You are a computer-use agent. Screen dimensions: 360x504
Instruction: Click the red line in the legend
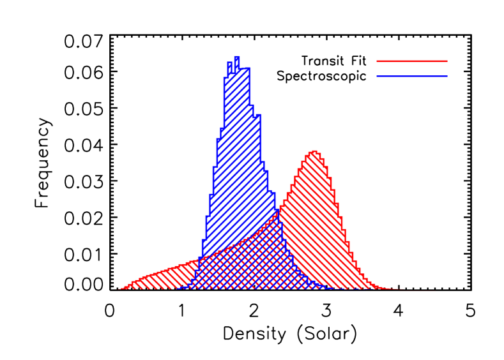[x=412, y=61]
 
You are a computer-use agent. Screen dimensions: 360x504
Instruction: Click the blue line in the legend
[x=412, y=77]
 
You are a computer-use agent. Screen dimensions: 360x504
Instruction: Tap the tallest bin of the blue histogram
[x=236, y=59]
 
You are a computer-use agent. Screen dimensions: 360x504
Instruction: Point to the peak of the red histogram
[x=314, y=152]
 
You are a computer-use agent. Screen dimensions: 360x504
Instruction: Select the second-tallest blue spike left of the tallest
[x=229, y=63]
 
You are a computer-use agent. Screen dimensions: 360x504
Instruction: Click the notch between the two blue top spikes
[x=233, y=70]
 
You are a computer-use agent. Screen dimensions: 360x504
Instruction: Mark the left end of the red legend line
[x=378, y=61]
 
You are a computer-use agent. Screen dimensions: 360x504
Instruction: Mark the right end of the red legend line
[x=447, y=61]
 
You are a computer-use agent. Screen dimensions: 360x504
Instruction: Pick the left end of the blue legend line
[x=378, y=77]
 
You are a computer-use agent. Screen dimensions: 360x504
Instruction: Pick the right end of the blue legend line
[x=447, y=77]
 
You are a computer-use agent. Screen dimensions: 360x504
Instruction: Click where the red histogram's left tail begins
[x=119, y=289]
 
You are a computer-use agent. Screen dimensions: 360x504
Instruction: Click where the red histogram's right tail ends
[x=402, y=289]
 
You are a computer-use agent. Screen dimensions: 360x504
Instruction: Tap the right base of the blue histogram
[x=332, y=288]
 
